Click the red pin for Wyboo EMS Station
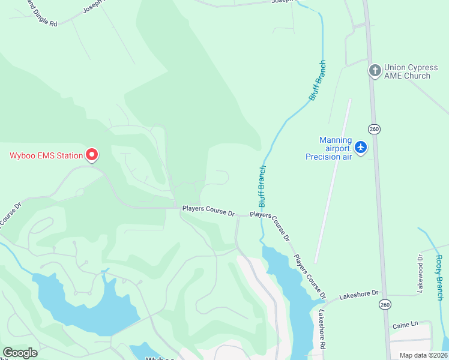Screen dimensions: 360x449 tap(92, 155)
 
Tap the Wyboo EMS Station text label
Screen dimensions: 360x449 tap(46, 156)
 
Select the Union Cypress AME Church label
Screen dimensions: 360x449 tap(408, 71)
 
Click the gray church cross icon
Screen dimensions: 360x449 tap(375, 71)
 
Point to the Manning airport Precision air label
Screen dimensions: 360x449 tap(336, 148)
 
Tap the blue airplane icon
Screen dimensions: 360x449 tap(361, 147)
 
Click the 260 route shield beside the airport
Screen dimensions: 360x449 tap(375, 129)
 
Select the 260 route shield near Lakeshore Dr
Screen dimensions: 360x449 tap(384, 304)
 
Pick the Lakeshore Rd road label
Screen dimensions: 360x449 tap(322, 329)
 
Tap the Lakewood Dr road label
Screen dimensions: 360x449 tap(420, 274)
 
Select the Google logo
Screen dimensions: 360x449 tap(20, 353)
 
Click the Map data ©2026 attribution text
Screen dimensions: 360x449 tap(423, 355)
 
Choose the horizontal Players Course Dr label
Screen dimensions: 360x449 tap(208, 211)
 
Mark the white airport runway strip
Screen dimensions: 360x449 tap(333, 180)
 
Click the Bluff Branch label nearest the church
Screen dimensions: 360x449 tap(317, 80)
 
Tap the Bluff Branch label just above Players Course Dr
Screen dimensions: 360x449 tap(262, 186)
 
